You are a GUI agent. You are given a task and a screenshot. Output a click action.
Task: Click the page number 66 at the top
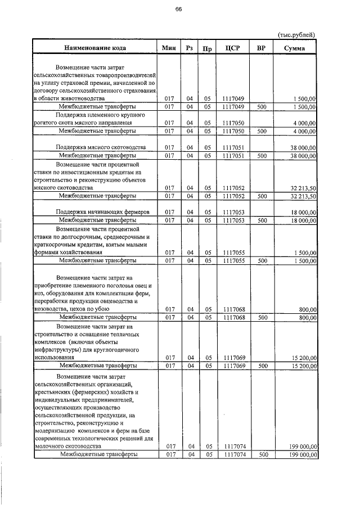point(178,10)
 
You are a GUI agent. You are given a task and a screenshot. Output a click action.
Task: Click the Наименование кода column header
point(94,48)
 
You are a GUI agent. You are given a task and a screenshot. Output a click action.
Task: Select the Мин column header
point(169,48)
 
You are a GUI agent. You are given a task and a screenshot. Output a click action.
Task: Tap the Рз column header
point(190,48)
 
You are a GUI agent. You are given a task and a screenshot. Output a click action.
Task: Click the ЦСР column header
point(233,48)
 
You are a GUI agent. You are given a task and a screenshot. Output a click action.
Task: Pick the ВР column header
point(261,48)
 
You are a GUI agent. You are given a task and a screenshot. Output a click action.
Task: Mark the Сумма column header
point(296,48)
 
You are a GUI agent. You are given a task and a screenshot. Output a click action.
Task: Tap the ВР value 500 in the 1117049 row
point(262,106)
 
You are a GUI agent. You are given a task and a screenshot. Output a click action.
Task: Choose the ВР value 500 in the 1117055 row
point(262,261)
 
